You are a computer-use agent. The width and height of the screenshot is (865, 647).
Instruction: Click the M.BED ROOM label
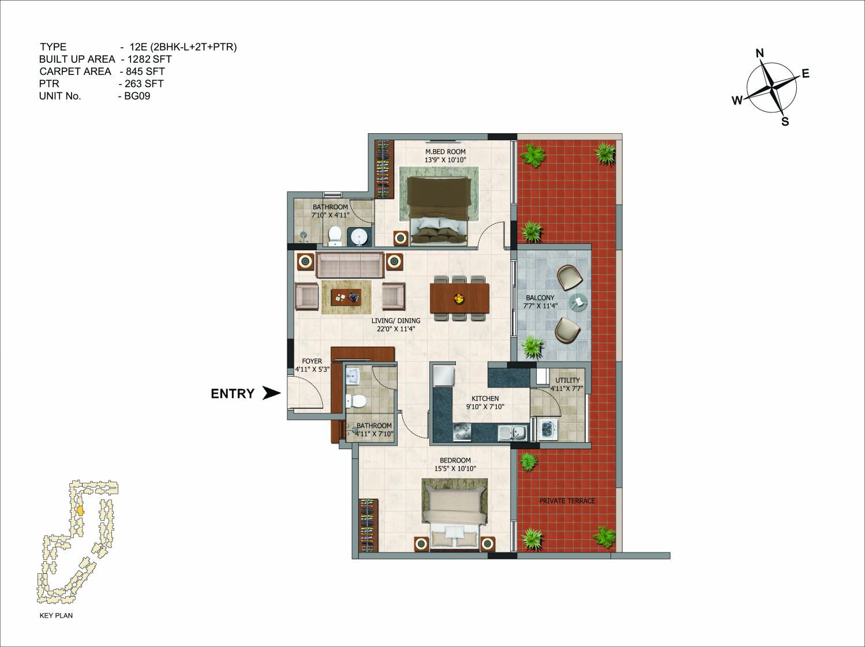445,152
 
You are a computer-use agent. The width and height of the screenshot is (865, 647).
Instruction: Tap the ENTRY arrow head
272,393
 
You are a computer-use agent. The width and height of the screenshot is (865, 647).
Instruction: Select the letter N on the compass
760,53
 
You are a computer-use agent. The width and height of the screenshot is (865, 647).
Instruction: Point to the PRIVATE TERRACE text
567,501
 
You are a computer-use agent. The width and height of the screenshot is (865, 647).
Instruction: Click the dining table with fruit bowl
459,298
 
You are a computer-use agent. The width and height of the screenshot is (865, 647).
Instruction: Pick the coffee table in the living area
70,297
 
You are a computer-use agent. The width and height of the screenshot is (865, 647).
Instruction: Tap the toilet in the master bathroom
335,235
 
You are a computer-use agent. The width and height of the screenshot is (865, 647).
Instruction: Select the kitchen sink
513,433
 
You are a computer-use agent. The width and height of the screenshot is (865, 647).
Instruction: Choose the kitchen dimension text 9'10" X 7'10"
485,407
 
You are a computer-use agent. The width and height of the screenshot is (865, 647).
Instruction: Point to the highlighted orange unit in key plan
80,511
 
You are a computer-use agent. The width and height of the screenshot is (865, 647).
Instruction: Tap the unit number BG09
137,96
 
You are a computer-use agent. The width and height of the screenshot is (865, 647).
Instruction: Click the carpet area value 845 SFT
145,72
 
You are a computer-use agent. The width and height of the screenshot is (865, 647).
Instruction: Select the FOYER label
312,361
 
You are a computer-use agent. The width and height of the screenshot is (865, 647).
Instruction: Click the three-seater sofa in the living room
350,265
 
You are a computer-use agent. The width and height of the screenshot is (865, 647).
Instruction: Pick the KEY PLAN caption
56,615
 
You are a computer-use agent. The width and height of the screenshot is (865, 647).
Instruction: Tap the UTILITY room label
567,380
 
